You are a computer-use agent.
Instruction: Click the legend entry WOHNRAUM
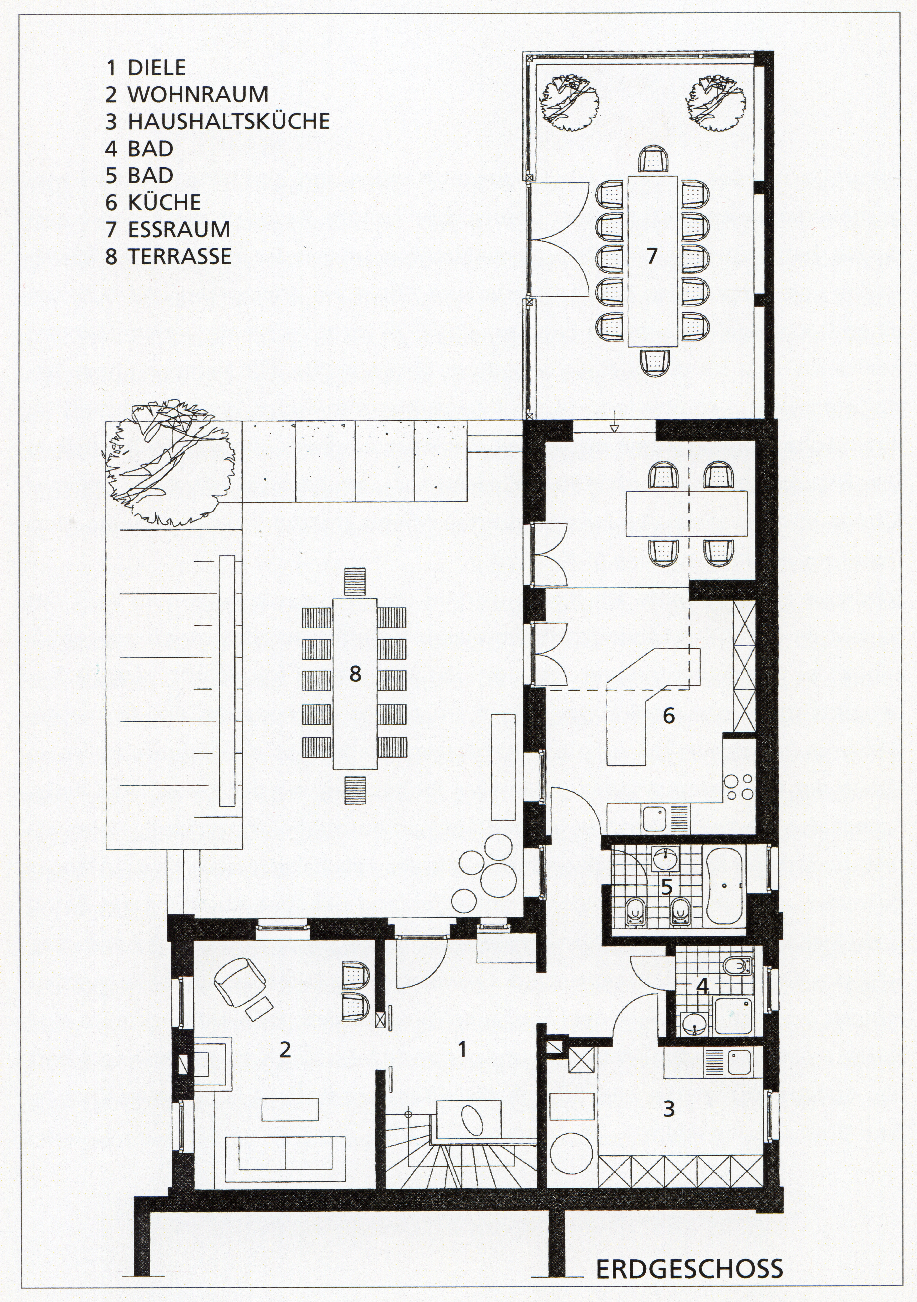(198, 94)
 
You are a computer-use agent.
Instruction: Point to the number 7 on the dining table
(652, 256)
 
